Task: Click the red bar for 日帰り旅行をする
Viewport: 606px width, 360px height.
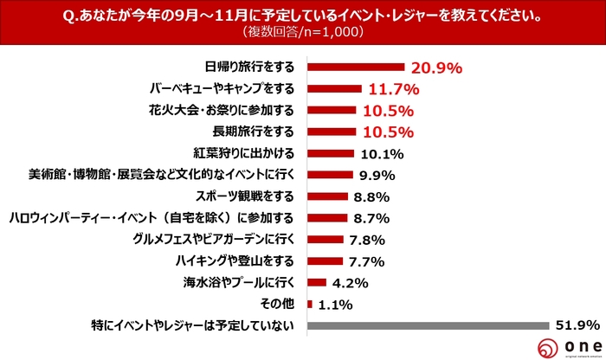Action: (356, 67)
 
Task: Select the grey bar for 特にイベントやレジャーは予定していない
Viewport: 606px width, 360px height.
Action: (428, 325)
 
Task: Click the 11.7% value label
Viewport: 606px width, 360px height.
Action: (393, 88)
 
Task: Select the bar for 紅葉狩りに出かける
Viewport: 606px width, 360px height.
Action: (330, 153)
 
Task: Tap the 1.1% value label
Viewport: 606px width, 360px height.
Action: (334, 305)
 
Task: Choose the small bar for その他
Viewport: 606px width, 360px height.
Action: (309, 304)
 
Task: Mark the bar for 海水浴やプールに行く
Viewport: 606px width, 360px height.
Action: (316, 282)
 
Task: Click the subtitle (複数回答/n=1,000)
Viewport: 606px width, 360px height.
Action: (302, 34)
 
